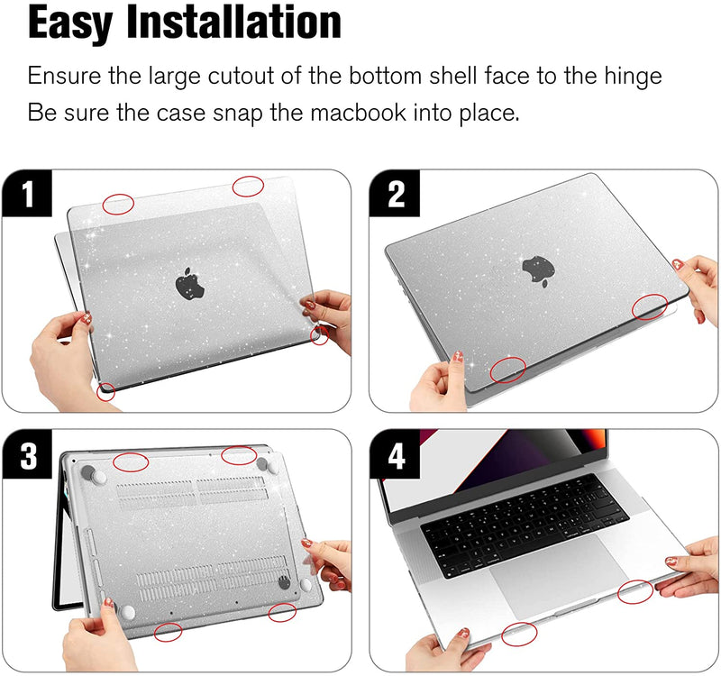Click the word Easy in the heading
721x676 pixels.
[70, 23]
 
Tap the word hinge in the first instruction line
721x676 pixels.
[633, 77]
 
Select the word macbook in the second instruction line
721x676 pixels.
[359, 113]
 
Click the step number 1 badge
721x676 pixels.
[27, 193]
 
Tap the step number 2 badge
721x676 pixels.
[395, 193]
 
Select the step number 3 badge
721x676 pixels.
[27, 455]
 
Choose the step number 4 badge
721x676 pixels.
[395, 455]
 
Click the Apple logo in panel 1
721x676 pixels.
[189, 283]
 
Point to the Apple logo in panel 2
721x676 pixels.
[538, 270]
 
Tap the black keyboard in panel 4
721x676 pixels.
[525, 525]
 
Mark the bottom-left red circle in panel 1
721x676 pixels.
[106, 391]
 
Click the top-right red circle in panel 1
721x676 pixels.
[248, 187]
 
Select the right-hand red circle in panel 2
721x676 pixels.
[649, 307]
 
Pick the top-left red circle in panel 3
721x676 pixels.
[131, 461]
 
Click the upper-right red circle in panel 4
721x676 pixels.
[635, 591]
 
